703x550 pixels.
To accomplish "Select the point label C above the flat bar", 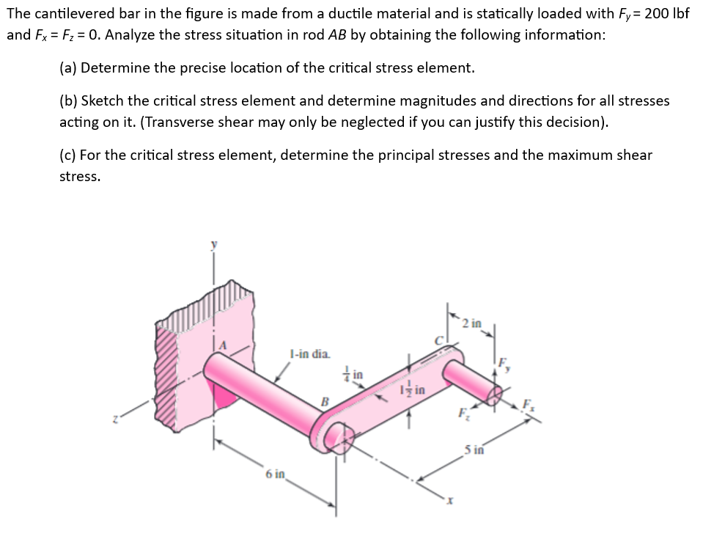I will [441, 341].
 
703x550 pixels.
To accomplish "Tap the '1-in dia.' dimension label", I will [310, 354].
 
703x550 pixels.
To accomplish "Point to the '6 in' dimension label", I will [275, 474].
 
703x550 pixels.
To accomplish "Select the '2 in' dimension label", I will [473, 323].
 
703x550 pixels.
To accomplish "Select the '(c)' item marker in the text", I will [67, 155].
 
